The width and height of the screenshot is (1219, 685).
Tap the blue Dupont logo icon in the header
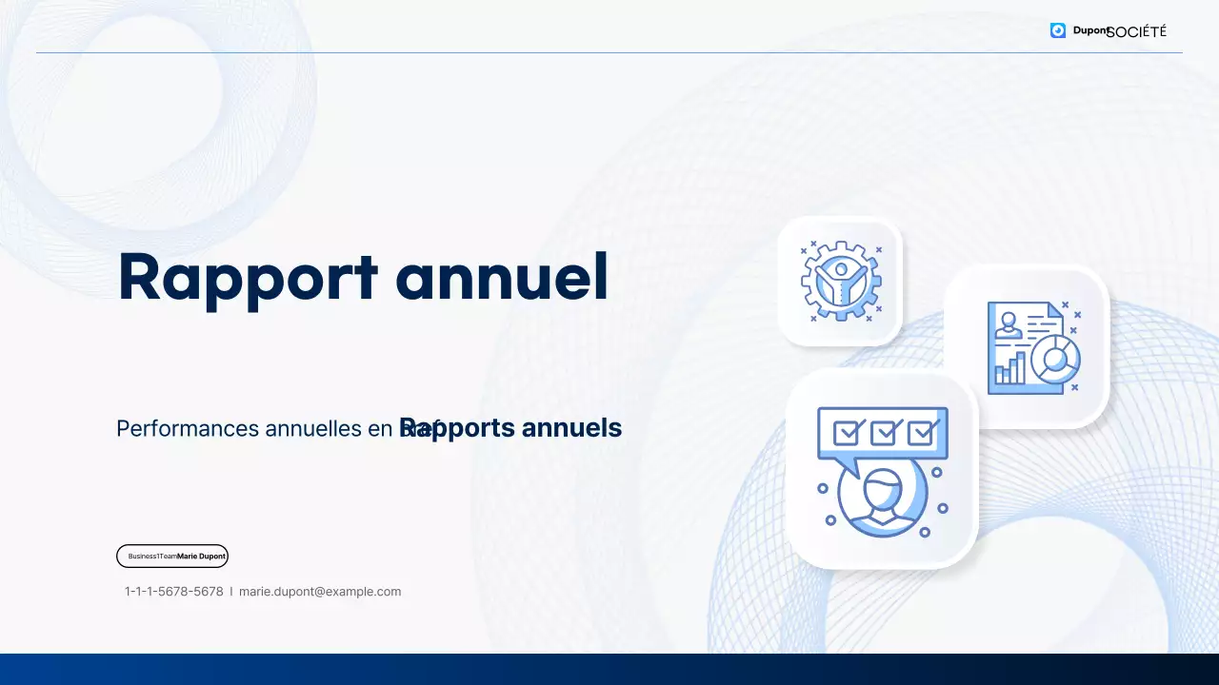point(1058,30)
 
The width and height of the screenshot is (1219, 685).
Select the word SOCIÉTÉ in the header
point(1138,31)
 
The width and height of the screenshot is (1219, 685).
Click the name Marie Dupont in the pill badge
point(201,557)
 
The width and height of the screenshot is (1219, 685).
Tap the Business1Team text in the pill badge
point(152,557)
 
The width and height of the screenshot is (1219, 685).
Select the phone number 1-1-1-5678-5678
point(174,592)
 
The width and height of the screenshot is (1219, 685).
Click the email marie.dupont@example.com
point(320,592)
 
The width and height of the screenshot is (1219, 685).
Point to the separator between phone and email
point(231,592)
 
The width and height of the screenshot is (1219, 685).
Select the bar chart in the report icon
point(1009,368)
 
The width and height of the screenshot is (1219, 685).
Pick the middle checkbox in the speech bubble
point(884,433)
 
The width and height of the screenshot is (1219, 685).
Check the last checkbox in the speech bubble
point(921,433)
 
